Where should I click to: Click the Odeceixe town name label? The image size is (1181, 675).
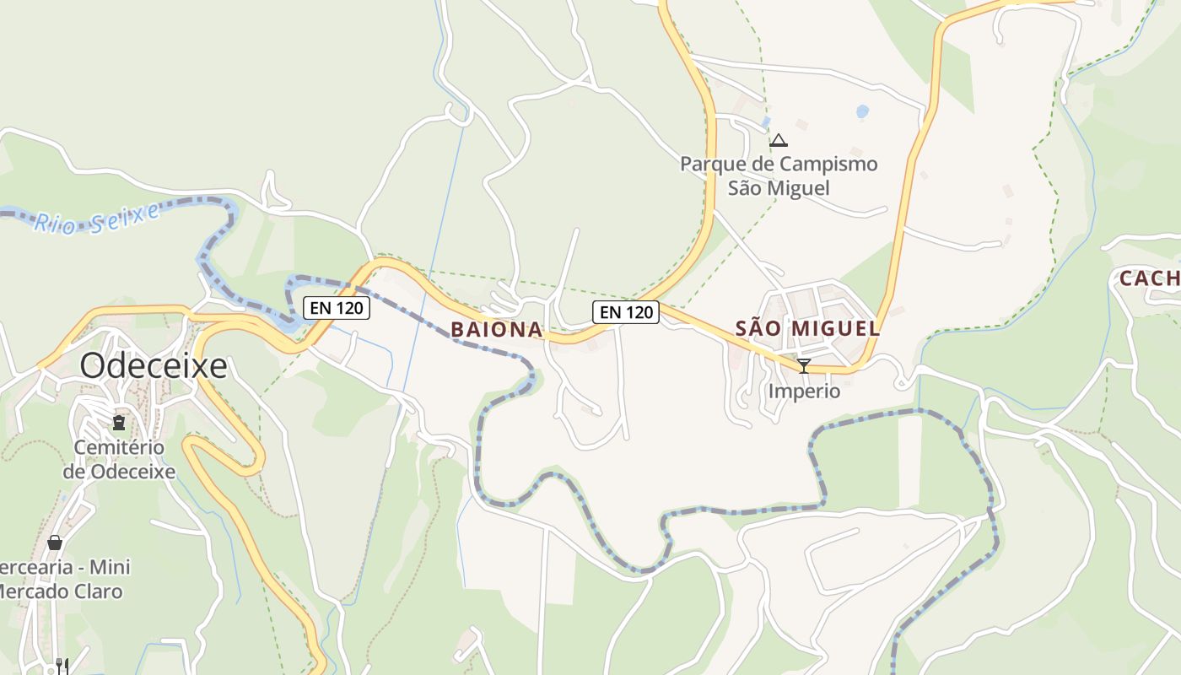tap(154, 366)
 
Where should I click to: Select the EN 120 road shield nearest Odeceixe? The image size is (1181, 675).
tap(337, 308)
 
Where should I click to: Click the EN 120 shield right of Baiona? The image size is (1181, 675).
tap(625, 312)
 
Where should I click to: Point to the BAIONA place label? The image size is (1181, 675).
tap(496, 330)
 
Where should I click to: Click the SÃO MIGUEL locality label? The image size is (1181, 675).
tap(807, 329)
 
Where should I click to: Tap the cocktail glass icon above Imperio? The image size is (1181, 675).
tap(804, 365)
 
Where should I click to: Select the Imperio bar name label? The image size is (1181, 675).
tap(804, 391)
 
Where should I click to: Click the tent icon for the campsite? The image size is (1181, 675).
tap(778, 140)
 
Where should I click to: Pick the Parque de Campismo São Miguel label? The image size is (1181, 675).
tap(779, 175)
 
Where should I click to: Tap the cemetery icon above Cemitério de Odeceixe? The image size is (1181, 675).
tap(119, 422)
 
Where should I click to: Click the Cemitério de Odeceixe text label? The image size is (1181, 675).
tap(119, 459)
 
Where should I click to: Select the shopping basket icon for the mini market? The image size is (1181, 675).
tap(55, 543)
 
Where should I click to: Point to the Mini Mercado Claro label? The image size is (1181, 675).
tap(59, 580)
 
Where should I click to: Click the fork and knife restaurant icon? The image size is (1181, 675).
tap(62, 667)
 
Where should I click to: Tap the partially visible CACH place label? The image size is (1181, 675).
tap(1149, 278)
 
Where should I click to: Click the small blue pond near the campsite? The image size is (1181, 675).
tap(861, 111)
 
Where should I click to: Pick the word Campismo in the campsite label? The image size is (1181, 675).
tap(828, 164)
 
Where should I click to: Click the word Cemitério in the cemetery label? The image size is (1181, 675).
tap(119, 447)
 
